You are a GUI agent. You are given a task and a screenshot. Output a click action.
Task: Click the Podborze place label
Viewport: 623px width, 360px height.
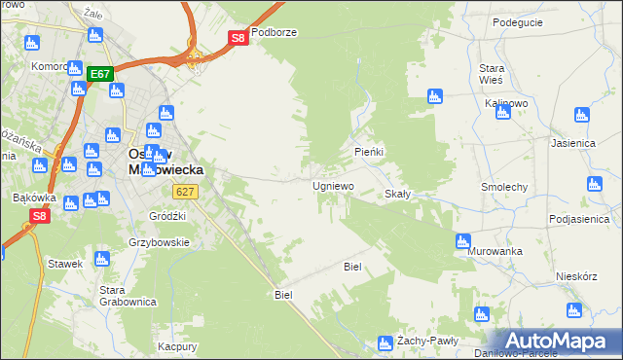(x=274, y=32)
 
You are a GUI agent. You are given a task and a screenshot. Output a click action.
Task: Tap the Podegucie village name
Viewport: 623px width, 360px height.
(x=517, y=22)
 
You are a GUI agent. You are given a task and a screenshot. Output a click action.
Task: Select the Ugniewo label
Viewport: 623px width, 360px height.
(x=333, y=185)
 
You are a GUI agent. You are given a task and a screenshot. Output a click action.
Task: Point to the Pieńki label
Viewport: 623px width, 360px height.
(x=369, y=153)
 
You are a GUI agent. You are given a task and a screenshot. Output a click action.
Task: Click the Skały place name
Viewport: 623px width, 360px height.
(x=398, y=194)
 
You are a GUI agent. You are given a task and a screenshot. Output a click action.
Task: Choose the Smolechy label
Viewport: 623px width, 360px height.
(x=504, y=186)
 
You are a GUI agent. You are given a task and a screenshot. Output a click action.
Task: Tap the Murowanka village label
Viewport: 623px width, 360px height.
(x=495, y=251)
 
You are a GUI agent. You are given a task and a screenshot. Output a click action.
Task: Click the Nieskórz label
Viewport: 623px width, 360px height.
(x=575, y=275)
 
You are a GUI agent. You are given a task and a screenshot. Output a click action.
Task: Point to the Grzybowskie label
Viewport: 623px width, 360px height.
(x=159, y=242)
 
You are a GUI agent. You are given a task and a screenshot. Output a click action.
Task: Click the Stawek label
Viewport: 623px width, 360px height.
(x=64, y=263)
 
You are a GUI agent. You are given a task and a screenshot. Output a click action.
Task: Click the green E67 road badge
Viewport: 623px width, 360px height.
(x=100, y=74)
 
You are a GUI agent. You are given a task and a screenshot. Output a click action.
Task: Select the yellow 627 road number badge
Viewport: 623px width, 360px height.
(x=188, y=192)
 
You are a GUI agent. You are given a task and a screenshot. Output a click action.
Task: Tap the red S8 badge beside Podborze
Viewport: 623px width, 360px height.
(x=238, y=38)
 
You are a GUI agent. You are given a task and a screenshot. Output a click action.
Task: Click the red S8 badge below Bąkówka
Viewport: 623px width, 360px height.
(x=39, y=216)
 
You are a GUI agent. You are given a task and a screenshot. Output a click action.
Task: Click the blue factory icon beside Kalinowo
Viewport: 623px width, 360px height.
(x=503, y=112)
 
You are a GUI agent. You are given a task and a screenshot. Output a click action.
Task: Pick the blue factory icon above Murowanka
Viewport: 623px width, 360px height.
(x=463, y=239)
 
